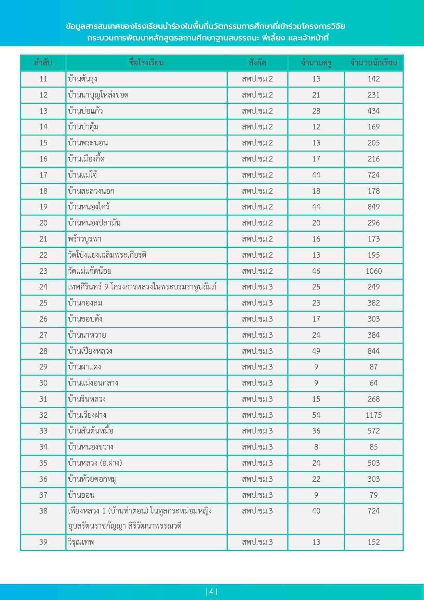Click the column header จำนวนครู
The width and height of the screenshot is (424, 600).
[316, 63]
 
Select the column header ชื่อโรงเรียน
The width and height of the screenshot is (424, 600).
[146, 63]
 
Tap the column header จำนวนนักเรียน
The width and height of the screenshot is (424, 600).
[373, 63]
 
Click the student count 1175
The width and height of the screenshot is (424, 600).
[373, 415]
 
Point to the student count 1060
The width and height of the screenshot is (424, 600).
[373, 271]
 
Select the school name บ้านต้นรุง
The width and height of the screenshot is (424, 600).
[83, 79]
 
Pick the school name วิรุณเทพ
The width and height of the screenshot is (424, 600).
[81, 542]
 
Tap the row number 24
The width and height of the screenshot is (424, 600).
[43, 287]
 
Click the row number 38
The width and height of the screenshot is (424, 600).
[43, 511]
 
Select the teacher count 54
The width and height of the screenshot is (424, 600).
[316, 415]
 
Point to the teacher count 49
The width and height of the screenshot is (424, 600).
[316, 351]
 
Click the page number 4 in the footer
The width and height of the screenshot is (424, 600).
[211, 591]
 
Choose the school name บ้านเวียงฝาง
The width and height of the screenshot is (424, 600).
[87, 415]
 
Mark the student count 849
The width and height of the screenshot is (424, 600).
[373, 207]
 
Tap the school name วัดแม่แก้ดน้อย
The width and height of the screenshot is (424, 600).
[90, 271]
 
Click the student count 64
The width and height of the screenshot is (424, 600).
[373, 383]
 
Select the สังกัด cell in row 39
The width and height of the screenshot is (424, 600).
[257, 542]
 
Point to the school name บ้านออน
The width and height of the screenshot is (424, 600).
[81, 495]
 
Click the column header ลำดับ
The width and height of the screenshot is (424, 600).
[43, 63]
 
